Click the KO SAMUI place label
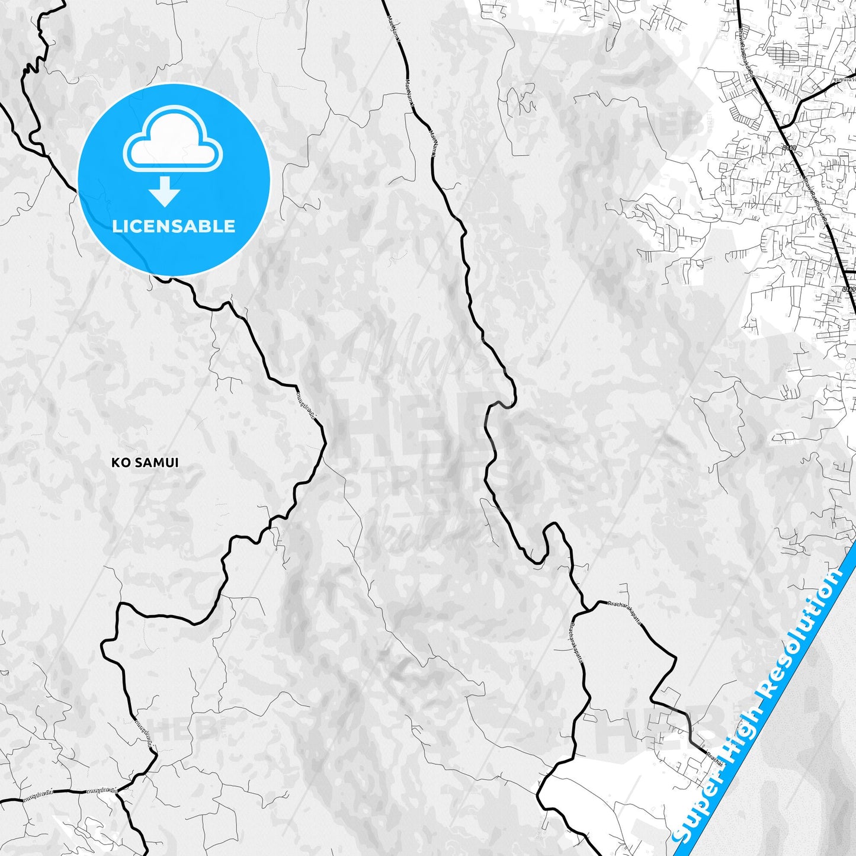(145, 462)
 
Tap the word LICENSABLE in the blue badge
(174, 226)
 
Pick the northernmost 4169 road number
(788, 148)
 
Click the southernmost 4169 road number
(848, 290)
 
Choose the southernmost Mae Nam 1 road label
(433, 144)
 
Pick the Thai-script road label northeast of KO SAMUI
(307, 403)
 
